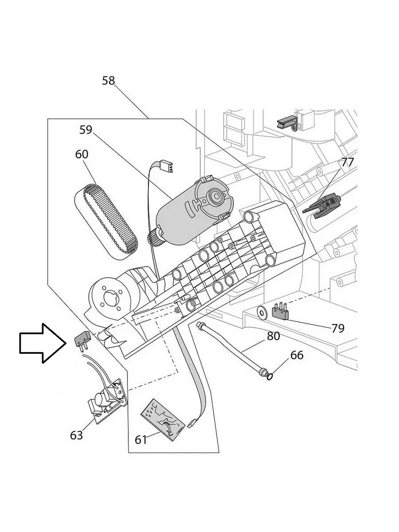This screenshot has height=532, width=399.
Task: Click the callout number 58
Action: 108,81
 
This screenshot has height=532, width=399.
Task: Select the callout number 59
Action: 86,130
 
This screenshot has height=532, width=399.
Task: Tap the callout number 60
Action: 82,154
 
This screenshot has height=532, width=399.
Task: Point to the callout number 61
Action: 141,440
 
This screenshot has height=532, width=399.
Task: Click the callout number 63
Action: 76,435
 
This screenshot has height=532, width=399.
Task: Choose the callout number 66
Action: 297,355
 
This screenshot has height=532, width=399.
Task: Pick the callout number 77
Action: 348,162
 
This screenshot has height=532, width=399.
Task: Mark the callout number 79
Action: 338,329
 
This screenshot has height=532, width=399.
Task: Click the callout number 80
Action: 274,336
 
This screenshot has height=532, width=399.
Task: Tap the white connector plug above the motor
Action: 168,167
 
